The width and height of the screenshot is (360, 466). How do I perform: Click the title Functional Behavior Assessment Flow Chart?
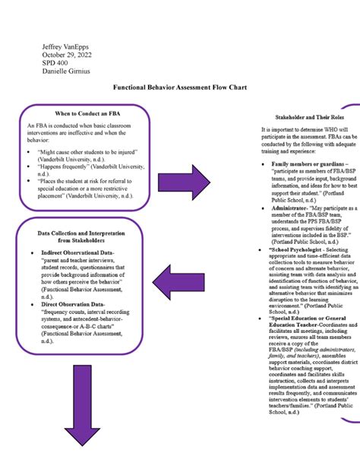179,89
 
